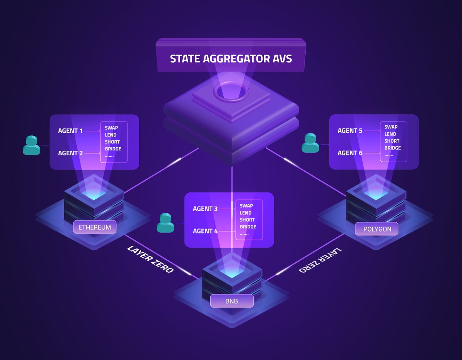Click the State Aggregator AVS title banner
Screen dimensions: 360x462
231,59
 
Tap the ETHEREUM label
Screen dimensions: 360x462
95,227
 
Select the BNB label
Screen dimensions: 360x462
232,301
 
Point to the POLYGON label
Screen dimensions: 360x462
377,230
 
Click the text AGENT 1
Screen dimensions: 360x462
70,131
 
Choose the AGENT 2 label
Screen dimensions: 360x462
70,153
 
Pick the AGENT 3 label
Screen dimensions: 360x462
205,209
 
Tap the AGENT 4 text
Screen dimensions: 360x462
205,231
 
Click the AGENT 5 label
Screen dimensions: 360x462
350,131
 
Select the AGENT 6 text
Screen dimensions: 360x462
350,153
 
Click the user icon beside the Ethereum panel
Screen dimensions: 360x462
31,145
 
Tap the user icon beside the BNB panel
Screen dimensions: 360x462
166,223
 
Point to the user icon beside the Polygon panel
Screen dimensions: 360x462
310,143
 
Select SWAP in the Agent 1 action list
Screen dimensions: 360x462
111,128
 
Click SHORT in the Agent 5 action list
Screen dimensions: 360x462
392,141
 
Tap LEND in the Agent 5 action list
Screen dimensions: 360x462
390,134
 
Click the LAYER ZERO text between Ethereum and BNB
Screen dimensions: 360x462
151,259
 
